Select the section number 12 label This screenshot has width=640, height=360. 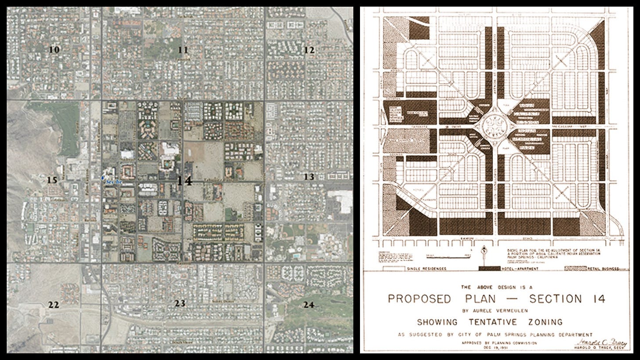click(x=309, y=50)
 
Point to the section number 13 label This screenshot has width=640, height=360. click(x=309, y=177)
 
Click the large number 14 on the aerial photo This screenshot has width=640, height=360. click(x=185, y=181)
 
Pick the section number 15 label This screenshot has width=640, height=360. click(x=52, y=180)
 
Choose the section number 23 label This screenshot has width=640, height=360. click(x=180, y=303)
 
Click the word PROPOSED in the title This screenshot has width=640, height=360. click(x=419, y=299)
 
